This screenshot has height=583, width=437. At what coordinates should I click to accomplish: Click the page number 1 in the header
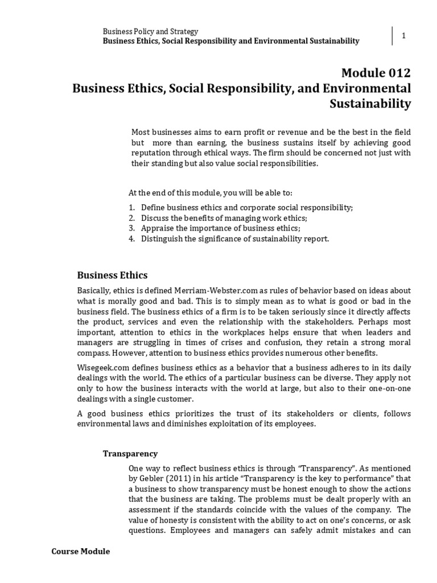pos(403,36)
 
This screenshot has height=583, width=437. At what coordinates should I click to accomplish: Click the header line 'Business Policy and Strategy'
pos(150,31)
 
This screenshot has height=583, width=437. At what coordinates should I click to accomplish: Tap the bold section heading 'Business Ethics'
pos(112,275)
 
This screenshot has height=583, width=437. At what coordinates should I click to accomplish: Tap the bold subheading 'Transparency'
pos(130,454)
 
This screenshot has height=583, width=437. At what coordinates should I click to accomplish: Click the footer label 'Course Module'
pos(80,552)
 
